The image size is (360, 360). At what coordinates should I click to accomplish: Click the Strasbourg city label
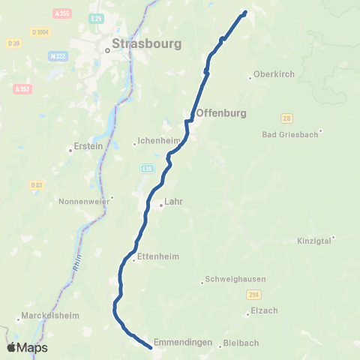tap(146, 44)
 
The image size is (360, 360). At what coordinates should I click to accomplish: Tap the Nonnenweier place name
tap(84, 201)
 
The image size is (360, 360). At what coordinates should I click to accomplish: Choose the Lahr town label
tap(173, 201)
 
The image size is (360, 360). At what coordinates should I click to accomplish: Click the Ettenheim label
tap(158, 256)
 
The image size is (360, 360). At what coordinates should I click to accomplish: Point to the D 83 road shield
tap(37, 184)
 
